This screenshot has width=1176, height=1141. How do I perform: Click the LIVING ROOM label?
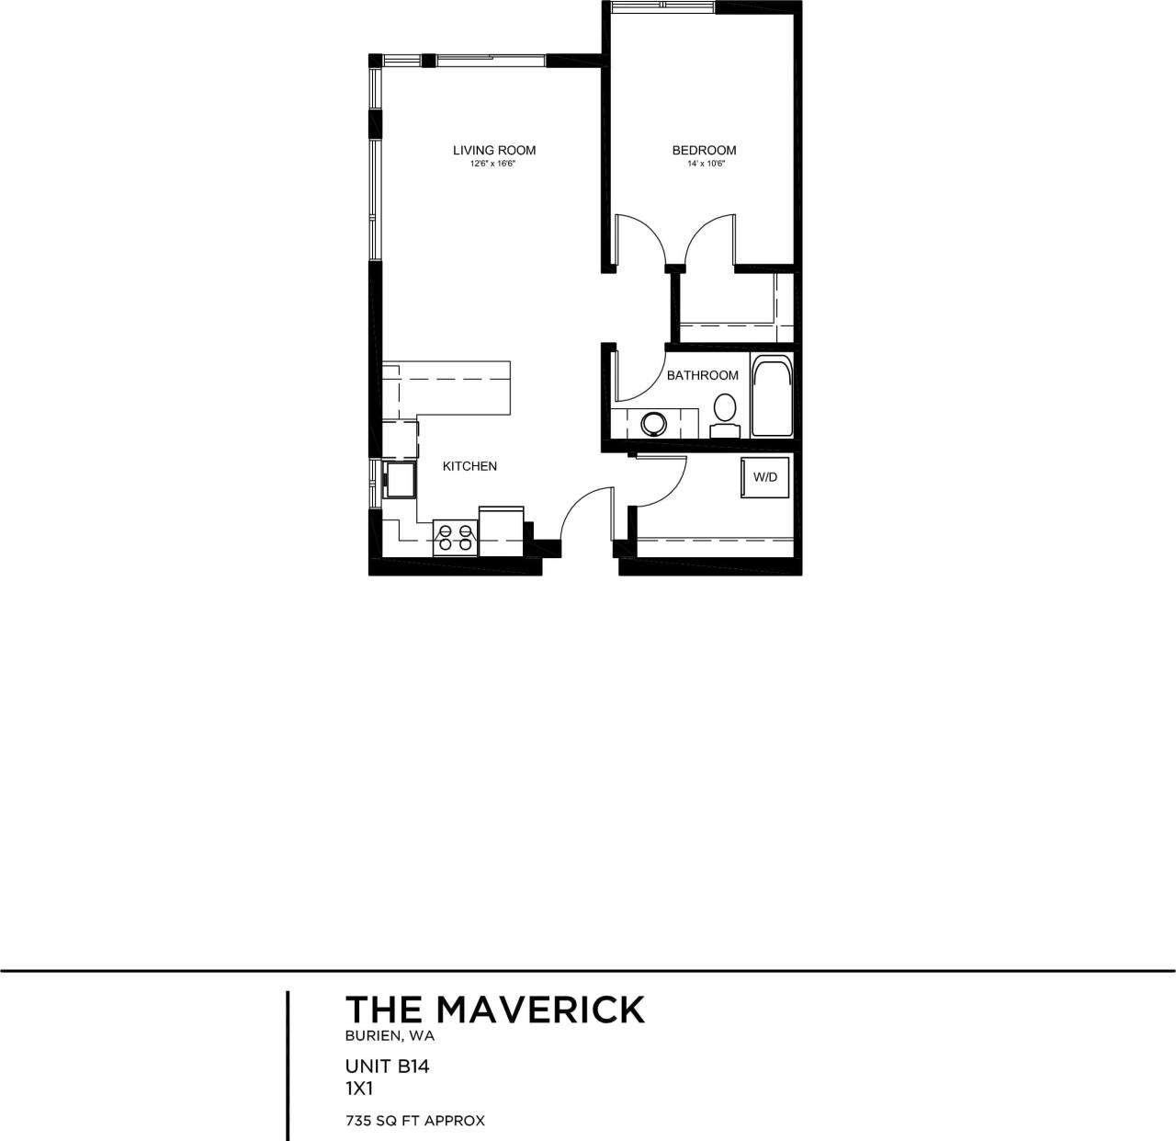coord(493,150)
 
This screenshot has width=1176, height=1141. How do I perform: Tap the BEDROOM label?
coord(704,150)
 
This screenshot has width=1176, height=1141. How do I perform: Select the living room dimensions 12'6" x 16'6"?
coord(493,165)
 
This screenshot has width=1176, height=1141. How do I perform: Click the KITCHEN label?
coord(469,466)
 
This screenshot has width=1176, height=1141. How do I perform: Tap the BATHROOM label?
coord(702,375)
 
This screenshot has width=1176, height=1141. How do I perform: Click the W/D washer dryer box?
coord(764,478)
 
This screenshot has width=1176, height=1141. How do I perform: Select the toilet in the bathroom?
coord(725,415)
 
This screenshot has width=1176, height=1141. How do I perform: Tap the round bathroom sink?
coord(654,424)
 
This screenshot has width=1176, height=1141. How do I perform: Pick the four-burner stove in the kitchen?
coord(456,537)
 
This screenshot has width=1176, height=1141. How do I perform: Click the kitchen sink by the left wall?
coord(399,479)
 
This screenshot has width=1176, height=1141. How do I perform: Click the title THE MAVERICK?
coord(494,1010)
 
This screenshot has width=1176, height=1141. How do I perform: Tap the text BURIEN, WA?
coord(390,1036)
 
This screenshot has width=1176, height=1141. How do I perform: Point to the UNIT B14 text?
coord(388,1067)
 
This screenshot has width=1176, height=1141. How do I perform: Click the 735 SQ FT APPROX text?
coord(415,1121)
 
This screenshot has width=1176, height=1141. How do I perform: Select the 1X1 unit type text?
coord(359,1088)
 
